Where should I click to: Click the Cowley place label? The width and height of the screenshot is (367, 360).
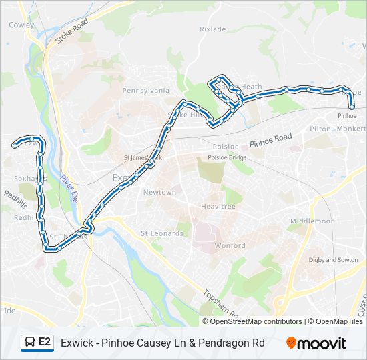coord(21,25)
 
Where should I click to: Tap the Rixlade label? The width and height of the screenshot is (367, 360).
coord(212,29)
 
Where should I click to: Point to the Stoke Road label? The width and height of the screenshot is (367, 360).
coord(71,31)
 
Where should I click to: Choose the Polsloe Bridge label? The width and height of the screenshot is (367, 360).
coord(227,157)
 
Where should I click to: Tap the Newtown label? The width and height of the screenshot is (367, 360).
coord(159,192)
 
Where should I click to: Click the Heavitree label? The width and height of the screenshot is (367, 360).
coord(218,207)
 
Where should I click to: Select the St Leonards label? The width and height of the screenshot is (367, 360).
coord(161,233)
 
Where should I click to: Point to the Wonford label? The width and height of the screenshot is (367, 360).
coord(229,246)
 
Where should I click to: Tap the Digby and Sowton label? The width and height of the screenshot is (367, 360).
coord(333,260)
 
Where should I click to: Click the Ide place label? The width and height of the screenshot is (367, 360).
coord(9,311)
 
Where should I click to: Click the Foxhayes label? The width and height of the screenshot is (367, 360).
coord(30,179)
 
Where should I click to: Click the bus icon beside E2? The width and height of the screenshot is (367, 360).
coord(30,343)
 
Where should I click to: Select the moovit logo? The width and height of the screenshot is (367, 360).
coord(316,343)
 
